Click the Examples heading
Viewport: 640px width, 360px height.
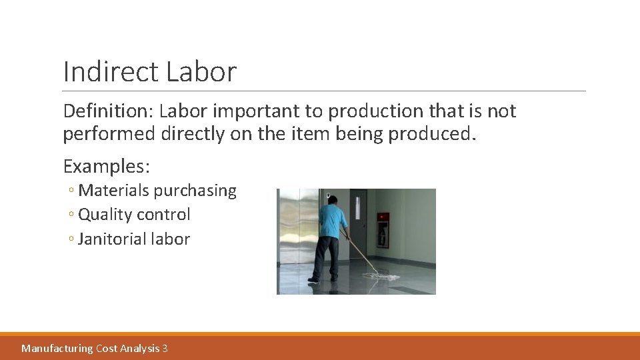pyautogui.click(x=106, y=165)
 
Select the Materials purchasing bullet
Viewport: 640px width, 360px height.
pyautogui.click(x=157, y=191)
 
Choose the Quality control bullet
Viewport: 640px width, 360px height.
pyautogui.click(x=134, y=215)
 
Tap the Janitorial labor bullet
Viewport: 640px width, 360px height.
pyautogui.click(x=133, y=239)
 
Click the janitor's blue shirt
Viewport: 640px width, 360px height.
pyautogui.click(x=331, y=220)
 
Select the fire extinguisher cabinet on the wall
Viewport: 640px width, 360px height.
pyautogui.click(x=383, y=229)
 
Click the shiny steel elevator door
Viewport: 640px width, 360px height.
pyautogui.click(x=299, y=233)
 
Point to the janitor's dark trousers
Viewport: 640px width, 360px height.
pyautogui.click(x=327, y=256)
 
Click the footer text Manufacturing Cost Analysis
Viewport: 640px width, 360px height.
pyautogui.click(x=91, y=348)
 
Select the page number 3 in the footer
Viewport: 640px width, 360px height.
pyautogui.click(x=165, y=348)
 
